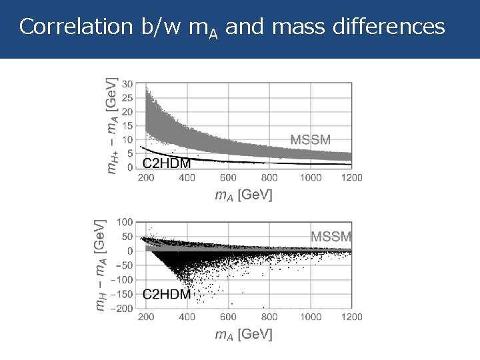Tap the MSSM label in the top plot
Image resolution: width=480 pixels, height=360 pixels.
pos(310,139)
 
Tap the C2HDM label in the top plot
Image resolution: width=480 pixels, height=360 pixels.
pos(167,163)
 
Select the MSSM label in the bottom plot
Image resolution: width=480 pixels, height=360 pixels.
pos(331,236)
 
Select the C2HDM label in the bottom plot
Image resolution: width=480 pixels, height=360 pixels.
pos(167,294)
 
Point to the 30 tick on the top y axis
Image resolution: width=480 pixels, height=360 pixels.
pos(127,84)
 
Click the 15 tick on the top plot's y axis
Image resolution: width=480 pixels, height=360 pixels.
pos(127,125)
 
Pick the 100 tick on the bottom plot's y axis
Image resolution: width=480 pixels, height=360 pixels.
pos(124,221)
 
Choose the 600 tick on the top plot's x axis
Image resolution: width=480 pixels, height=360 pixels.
pos(228,178)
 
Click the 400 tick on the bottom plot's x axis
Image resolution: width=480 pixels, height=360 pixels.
pos(187,317)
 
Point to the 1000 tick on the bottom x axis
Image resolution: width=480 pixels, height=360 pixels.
pos(310,317)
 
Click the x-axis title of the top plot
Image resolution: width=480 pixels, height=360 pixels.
pos(243,195)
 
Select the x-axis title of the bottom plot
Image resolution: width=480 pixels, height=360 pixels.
pos(243,334)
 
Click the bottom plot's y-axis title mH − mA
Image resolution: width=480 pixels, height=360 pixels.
pos(98,265)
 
